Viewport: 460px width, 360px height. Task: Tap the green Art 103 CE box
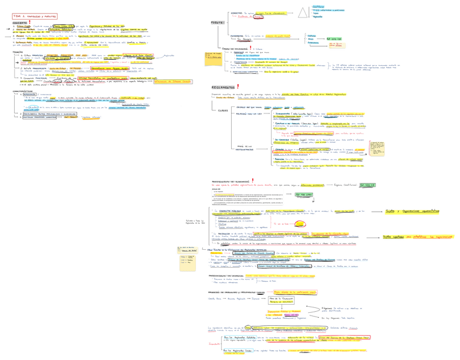tap(333, 39)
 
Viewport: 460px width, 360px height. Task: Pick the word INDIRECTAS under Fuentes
tap(238, 36)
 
